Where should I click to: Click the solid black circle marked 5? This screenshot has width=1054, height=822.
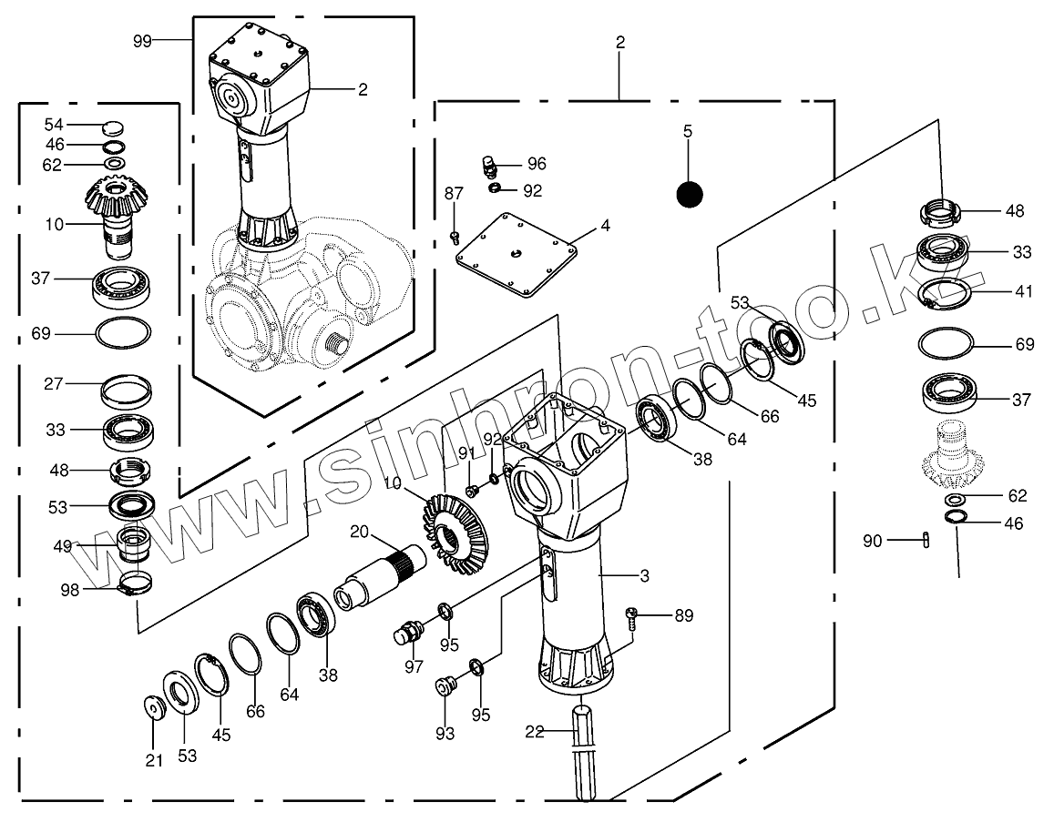[x=690, y=193]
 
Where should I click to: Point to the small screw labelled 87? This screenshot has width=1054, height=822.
[x=455, y=237]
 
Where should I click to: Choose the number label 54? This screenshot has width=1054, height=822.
[x=54, y=124]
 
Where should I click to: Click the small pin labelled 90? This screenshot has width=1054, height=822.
[x=926, y=541]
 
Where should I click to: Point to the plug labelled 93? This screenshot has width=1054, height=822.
[x=445, y=685]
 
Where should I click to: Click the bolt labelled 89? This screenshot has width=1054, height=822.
[x=633, y=618]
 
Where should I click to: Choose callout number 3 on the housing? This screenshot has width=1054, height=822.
[x=644, y=575]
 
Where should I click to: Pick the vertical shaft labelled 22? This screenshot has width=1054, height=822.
[x=584, y=751]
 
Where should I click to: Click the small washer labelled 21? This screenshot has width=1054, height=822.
[x=153, y=707]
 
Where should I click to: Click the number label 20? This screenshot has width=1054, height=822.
[x=359, y=531]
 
